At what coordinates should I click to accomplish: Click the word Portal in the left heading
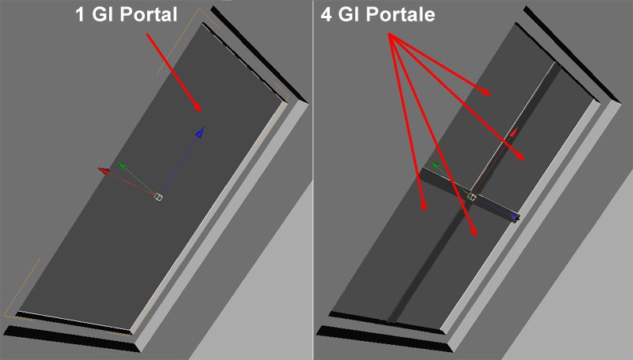[149, 14]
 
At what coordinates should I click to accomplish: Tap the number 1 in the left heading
[80, 14]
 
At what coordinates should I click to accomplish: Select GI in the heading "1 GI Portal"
[103, 14]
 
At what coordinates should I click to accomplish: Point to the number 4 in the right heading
[326, 14]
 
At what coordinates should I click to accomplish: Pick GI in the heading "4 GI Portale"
[349, 14]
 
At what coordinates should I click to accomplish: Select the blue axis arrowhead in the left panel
[200, 133]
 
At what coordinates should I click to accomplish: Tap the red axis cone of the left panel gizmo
[104, 171]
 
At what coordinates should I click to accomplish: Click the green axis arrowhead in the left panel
[121, 165]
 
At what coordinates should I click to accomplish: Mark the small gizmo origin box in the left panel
[158, 196]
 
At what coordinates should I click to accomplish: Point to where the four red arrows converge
[390, 35]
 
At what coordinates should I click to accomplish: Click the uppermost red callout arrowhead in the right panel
[486, 93]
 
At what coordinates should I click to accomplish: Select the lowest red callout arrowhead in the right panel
[474, 232]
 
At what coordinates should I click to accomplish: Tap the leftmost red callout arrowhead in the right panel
[423, 206]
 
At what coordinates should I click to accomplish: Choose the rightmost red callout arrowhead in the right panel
[520, 156]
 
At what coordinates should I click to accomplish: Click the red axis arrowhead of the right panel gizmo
[514, 131]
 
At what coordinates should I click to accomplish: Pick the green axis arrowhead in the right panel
[435, 165]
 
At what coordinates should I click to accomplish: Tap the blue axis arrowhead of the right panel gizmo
[515, 218]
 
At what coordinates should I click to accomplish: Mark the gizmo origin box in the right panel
[472, 196]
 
